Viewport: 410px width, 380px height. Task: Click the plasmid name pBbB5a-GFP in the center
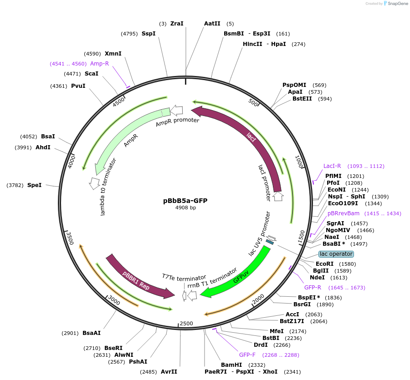point(185,200)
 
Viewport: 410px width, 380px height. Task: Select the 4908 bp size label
point(185,208)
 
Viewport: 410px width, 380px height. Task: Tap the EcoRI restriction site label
point(325,264)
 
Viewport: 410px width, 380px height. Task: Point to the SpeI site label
point(34,185)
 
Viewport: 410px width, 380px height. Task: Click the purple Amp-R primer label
point(99,64)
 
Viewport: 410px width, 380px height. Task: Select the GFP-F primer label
point(247,355)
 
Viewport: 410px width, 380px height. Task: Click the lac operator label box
point(336,254)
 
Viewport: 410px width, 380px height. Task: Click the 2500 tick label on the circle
point(186,324)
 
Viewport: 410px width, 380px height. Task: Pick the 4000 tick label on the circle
point(71,161)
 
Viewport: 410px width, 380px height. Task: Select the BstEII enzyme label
point(302,98)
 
